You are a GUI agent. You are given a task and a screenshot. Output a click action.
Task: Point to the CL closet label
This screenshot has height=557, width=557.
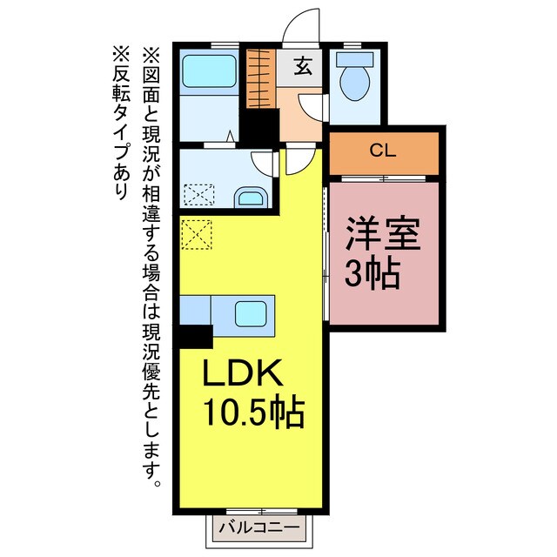click(x=383, y=151)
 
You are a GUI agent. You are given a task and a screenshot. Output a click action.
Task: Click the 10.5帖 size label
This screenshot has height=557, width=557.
click(x=253, y=410)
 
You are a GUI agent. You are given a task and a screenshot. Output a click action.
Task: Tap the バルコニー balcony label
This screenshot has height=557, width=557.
click(x=258, y=527)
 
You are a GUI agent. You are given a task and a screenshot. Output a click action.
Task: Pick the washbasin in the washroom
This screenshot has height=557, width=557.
click(x=250, y=197)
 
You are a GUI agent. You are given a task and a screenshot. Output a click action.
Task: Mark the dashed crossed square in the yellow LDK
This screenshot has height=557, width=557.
click(x=197, y=232)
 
